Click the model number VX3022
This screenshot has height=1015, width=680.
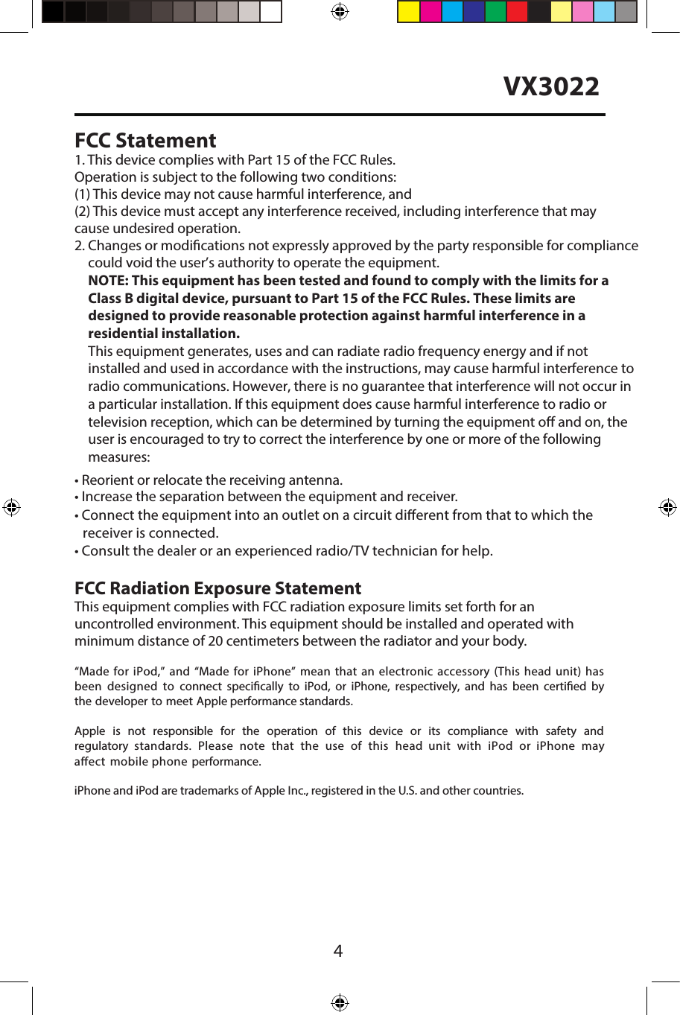(551, 86)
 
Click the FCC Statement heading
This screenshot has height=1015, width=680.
(145, 141)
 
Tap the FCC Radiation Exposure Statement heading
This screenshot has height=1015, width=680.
(217, 588)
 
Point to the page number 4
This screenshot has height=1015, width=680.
(338, 951)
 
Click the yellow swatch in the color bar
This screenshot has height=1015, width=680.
(408, 12)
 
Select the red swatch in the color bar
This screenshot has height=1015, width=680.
(517, 12)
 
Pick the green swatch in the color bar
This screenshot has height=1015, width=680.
(495, 12)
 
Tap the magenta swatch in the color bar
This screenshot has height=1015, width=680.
(430, 12)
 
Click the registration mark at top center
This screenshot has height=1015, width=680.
(340, 11)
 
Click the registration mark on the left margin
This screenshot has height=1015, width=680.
(11, 508)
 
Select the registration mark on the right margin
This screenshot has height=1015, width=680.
(668, 508)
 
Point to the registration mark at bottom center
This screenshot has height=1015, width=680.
(340, 1002)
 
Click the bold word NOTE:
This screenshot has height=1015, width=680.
(108, 281)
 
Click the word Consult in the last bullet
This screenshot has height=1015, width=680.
(104, 551)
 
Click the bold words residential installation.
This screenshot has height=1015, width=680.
(164, 334)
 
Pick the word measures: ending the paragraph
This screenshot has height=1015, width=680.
(118, 457)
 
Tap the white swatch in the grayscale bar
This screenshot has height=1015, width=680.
(270, 12)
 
